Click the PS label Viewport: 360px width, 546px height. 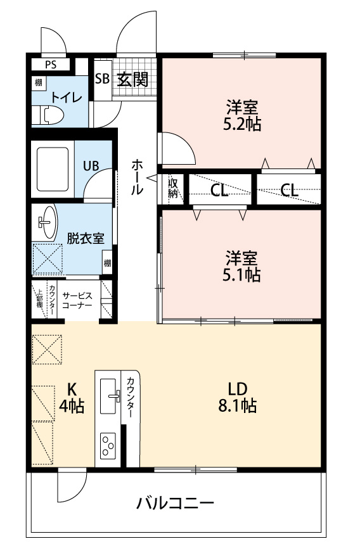pyautogui.click(x=51, y=65)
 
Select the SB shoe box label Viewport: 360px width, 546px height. pyautogui.click(x=103, y=79)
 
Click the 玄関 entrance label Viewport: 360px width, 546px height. pyautogui.click(x=132, y=80)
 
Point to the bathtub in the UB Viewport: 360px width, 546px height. pyautogui.click(x=53, y=169)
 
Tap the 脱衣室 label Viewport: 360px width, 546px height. pyautogui.click(x=86, y=238)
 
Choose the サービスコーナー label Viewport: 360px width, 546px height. pyautogui.click(x=77, y=300)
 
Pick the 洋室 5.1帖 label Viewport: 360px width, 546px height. pyautogui.click(x=241, y=265)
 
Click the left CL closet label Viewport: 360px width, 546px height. pyautogui.click(x=219, y=190)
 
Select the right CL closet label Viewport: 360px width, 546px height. pyautogui.click(x=290, y=190)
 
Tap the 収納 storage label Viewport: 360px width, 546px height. pyautogui.click(x=173, y=188)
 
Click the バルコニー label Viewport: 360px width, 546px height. pyautogui.click(x=176, y=503)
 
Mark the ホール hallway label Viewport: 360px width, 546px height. pyautogui.click(x=137, y=177)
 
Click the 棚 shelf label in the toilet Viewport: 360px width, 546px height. pyautogui.click(x=39, y=82)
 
